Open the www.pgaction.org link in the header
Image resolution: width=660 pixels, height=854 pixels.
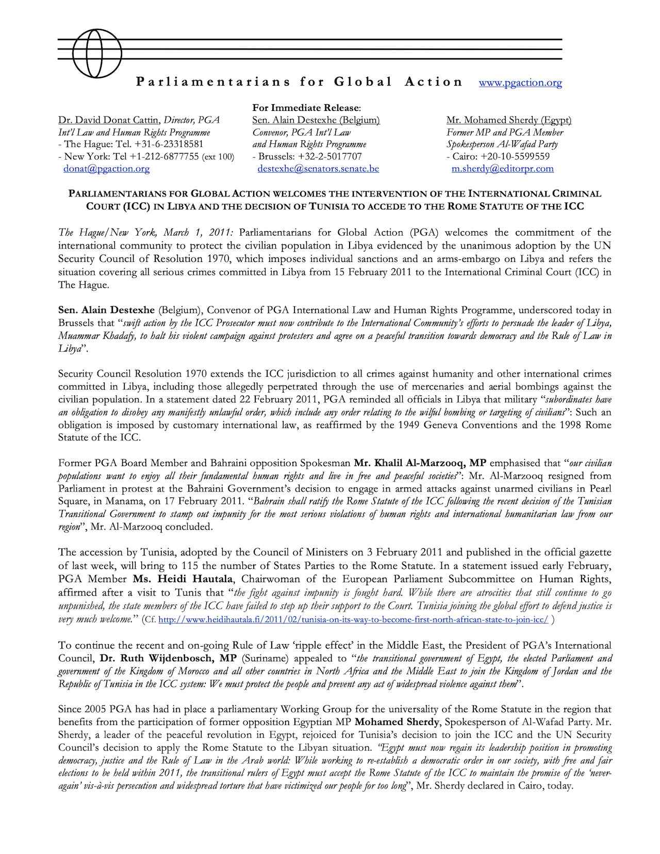520,83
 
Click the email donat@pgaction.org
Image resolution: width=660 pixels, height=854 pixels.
107,169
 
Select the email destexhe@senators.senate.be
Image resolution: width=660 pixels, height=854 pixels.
318,169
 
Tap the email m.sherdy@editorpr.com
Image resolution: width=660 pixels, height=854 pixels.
502,169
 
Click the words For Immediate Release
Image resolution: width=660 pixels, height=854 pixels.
307,108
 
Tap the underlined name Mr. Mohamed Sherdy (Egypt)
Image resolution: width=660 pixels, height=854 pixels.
508,120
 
